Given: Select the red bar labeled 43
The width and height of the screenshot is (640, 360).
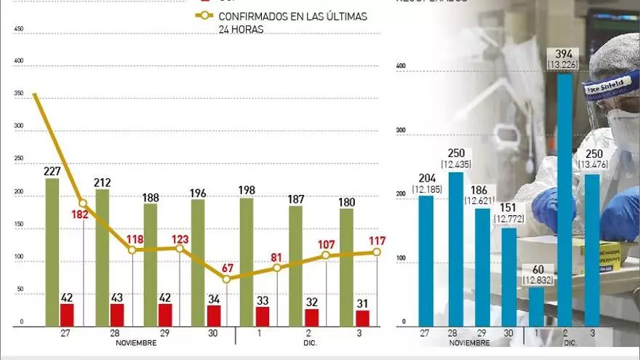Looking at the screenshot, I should click(116, 315).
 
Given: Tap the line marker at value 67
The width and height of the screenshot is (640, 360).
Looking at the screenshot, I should click(227, 279).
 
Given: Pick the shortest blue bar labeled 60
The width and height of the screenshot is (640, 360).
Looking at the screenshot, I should click(535, 306).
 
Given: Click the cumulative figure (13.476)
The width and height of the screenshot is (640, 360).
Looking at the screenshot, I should click(593, 164).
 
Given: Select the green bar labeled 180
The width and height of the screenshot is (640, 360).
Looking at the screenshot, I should click(346, 267).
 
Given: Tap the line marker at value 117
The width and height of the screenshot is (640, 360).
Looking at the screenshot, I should click(377, 252).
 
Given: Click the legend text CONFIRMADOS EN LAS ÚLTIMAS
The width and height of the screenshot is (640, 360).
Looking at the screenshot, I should click(293, 16).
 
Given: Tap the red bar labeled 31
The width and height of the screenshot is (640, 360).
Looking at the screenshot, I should click(362, 318).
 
